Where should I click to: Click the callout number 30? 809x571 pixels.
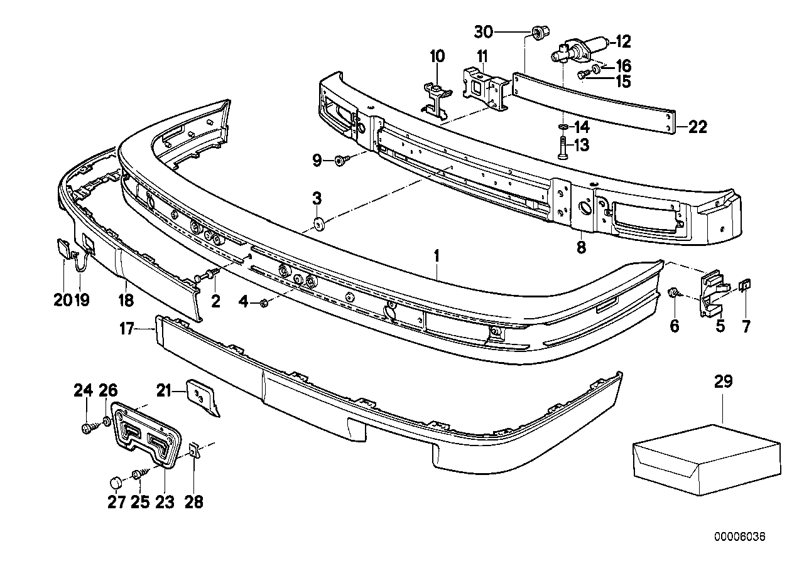point(484,31)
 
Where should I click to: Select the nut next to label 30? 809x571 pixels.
point(538,32)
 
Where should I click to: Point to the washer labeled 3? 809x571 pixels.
point(318,222)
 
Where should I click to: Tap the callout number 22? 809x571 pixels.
point(697,127)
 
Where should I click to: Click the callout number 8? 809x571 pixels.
point(580,247)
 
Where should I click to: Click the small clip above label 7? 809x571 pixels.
point(745,287)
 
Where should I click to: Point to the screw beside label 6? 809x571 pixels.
point(674,292)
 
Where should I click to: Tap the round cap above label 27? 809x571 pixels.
point(133,483)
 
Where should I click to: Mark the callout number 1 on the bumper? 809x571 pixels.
point(437,256)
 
